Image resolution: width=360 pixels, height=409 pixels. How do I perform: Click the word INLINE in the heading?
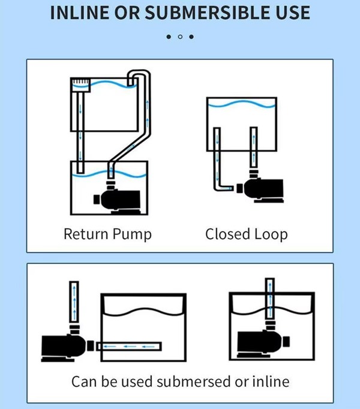pyautogui.click(x=79, y=13)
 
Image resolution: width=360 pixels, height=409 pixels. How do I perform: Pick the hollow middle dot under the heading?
pyautogui.click(x=180, y=37)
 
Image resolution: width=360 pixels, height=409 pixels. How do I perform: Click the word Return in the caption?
pyautogui.click(x=86, y=234)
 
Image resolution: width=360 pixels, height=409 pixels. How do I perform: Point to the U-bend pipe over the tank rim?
pyautogui.click(x=139, y=76)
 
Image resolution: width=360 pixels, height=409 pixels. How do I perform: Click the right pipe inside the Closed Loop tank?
pyautogui.click(x=253, y=147)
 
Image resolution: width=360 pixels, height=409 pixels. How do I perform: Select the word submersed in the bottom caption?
pyautogui.click(x=203, y=381)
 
